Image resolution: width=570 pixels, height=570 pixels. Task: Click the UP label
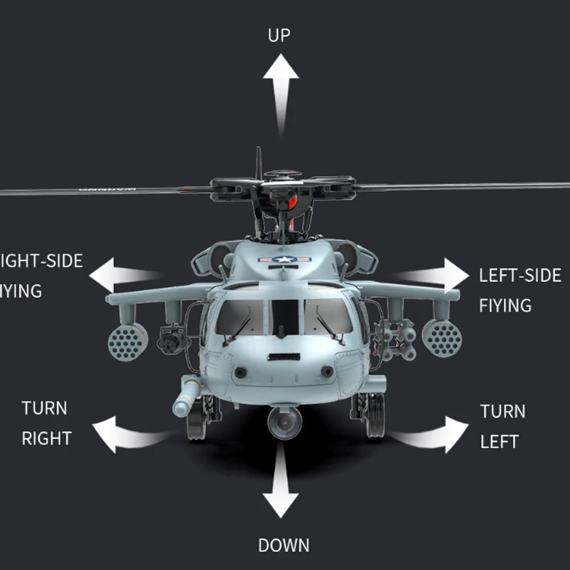[279, 35]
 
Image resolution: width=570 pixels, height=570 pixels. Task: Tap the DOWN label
[284, 546]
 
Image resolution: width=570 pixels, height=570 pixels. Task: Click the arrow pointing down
[280, 484]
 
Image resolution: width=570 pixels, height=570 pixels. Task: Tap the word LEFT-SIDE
[519, 276]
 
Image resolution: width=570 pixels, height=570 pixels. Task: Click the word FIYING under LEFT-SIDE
[505, 306]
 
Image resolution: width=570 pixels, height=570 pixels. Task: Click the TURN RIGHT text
[46, 423]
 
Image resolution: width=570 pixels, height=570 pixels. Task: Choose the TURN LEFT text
[502, 426]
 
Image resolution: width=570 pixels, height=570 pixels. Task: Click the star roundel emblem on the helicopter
[285, 261]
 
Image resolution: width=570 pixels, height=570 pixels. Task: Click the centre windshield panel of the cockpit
[285, 317]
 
